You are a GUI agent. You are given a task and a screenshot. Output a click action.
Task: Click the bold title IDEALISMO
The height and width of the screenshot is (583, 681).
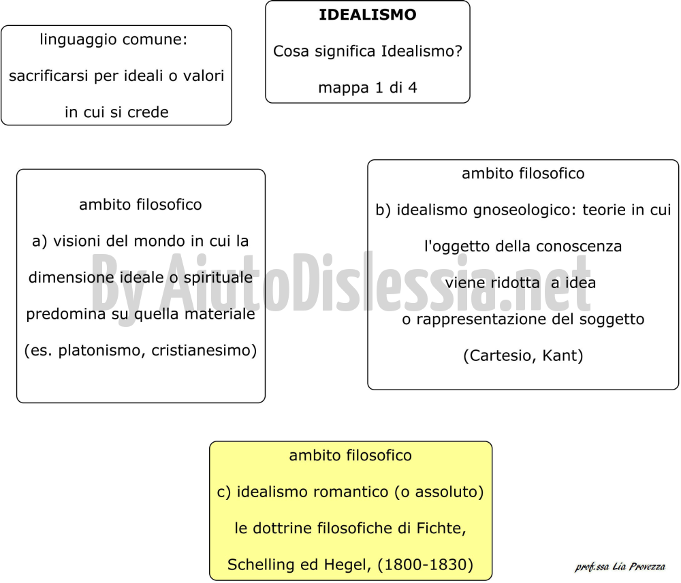368,15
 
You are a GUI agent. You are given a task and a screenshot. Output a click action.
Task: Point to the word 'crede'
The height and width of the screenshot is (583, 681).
148,112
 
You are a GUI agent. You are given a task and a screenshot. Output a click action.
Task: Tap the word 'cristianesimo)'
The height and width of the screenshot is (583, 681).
204,350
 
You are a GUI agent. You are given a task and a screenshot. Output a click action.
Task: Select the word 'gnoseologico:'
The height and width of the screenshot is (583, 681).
524,210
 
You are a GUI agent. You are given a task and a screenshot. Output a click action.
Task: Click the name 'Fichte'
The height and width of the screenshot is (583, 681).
439,529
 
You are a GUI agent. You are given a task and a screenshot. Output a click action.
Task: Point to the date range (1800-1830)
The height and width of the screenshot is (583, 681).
425,565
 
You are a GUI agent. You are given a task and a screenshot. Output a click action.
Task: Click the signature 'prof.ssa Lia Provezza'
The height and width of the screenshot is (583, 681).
620,567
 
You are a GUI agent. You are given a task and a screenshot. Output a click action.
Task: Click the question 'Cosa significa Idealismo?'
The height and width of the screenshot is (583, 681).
368,52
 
